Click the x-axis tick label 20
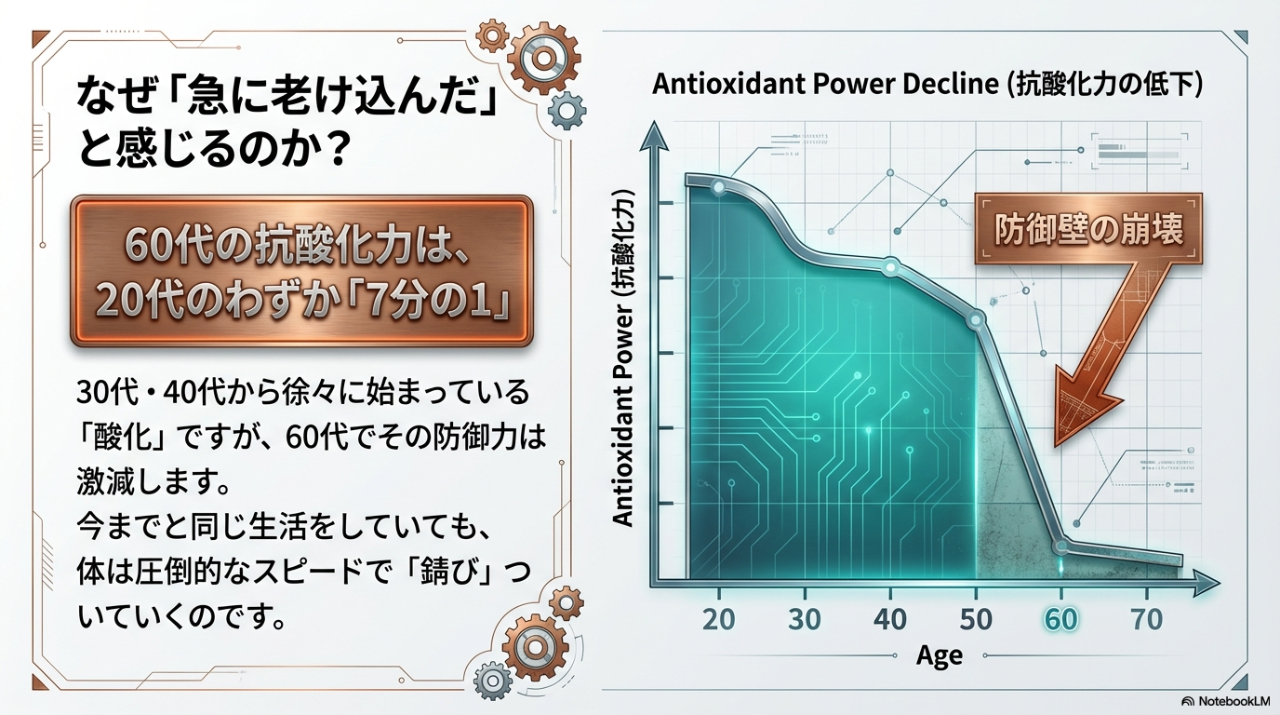pos(719,619)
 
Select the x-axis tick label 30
pos(805,619)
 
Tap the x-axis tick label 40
pos(890,619)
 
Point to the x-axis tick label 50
pos(976,619)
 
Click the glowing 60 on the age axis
pos(1061,619)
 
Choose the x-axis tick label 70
pos(1147,619)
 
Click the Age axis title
pos(940,655)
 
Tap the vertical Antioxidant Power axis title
pos(623,358)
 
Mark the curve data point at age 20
pos(719,186)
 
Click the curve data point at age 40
pos(890,266)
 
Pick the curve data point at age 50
pos(976,319)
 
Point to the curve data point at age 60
pos(1061,546)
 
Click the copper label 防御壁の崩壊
pos(1088,230)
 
